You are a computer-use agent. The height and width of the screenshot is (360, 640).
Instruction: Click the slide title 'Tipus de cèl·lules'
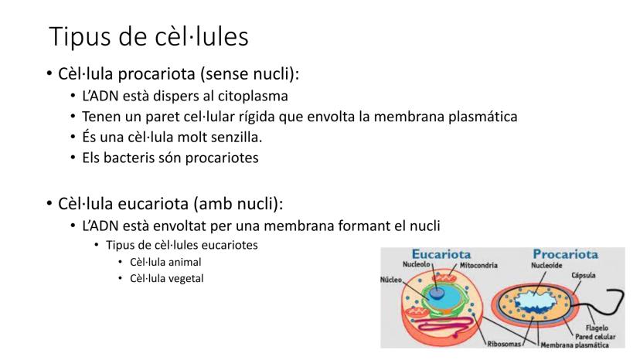148,37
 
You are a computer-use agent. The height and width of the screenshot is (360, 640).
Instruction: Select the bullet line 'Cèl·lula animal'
165,262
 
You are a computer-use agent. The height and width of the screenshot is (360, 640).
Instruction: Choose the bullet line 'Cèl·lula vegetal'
166,278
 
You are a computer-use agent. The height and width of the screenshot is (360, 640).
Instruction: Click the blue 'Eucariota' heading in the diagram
441,254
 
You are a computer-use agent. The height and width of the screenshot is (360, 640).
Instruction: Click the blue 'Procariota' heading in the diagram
565,254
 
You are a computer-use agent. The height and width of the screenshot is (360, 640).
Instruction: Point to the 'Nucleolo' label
417,264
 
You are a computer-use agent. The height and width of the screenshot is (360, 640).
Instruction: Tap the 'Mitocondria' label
478,265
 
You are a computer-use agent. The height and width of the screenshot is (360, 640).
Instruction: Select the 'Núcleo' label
391,280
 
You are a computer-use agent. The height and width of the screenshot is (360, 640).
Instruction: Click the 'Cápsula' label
584,275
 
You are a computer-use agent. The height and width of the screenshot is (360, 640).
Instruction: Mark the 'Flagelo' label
597,328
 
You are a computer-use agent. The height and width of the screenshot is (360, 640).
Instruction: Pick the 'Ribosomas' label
504,344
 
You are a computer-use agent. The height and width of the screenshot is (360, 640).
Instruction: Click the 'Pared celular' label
595,337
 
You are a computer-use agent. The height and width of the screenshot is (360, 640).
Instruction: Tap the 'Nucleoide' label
546,265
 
